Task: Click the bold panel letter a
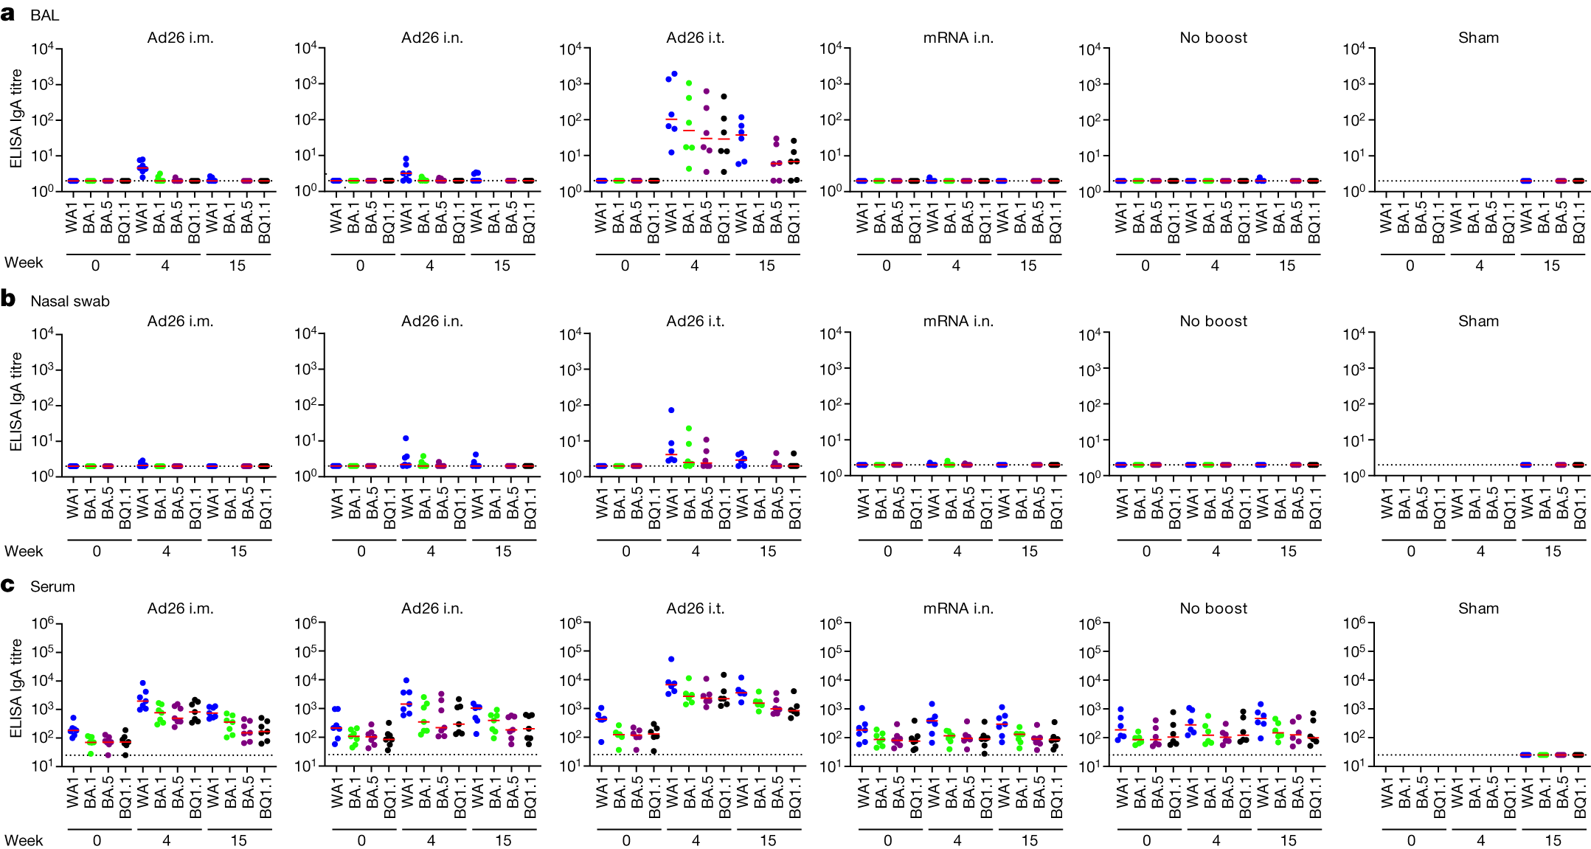click(x=8, y=14)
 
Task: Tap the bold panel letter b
click(x=8, y=299)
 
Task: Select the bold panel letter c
click(x=8, y=586)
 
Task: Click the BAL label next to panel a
click(x=44, y=15)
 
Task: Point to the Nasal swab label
click(x=69, y=301)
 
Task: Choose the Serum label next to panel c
click(x=52, y=586)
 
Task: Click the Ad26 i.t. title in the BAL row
click(x=695, y=38)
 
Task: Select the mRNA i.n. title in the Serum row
click(x=957, y=609)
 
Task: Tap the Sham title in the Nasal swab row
click(x=1477, y=322)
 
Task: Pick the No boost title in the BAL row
click(x=1213, y=38)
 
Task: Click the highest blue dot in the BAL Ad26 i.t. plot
click(x=674, y=74)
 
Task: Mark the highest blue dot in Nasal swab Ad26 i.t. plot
click(x=671, y=410)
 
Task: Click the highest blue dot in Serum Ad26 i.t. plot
click(x=671, y=659)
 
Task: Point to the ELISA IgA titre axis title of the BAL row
click(x=15, y=118)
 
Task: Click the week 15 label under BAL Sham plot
click(x=1551, y=266)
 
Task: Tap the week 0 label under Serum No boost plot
click(x=1145, y=840)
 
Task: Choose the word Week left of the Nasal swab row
click(x=24, y=551)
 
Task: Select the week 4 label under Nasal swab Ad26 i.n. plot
click(x=430, y=551)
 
